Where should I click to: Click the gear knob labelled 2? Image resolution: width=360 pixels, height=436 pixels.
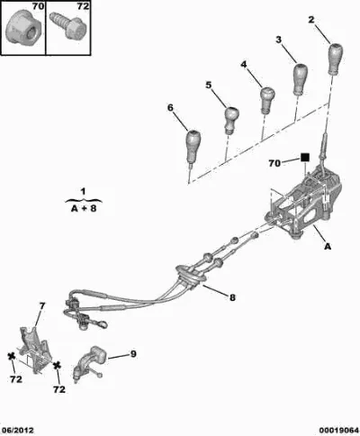(x=336, y=59)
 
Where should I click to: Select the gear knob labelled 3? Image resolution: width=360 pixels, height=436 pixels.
(x=300, y=78)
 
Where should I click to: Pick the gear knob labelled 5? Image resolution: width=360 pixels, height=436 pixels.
(x=231, y=120)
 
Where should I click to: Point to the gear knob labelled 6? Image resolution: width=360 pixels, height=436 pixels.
(x=193, y=145)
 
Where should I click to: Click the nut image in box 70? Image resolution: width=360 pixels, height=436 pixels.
(x=22, y=28)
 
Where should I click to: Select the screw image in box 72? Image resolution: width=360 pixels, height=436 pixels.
(x=67, y=25)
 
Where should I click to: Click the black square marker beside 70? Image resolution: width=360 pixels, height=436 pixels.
(x=305, y=158)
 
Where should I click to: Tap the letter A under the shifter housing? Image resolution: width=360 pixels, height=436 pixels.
(x=328, y=246)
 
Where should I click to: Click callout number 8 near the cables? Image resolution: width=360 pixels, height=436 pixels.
(x=232, y=297)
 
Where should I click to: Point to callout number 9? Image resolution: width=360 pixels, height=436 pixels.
(x=133, y=354)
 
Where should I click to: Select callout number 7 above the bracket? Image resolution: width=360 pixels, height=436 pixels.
(x=42, y=306)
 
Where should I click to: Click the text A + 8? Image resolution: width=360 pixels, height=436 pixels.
(x=84, y=208)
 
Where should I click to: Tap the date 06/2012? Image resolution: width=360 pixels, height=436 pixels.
(x=17, y=430)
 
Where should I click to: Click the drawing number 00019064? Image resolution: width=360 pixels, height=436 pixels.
(x=338, y=431)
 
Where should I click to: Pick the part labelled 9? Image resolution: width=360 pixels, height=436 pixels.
(x=89, y=363)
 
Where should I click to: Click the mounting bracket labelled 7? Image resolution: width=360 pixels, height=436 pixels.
(x=33, y=350)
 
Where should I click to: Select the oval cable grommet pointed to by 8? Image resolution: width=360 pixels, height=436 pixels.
(x=191, y=276)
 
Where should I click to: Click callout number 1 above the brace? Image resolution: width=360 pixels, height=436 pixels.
(x=83, y=191)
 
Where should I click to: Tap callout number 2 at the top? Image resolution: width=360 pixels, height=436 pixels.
(x=311, y=20)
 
